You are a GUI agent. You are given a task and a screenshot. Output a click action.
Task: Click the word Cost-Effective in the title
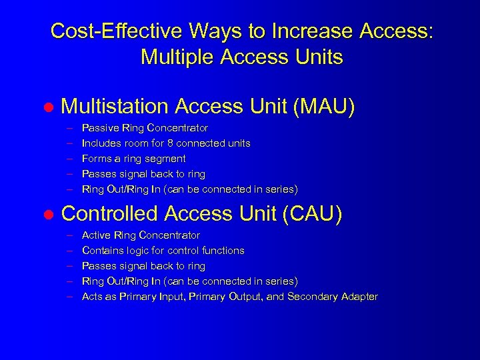click(x=115, y=31)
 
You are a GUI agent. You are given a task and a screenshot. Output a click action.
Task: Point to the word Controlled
click(x=108, y=213)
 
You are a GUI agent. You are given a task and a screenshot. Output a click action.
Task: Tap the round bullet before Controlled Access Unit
click(x=47, y=215)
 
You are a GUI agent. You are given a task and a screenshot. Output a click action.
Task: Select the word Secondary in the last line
click(x=311, y=297)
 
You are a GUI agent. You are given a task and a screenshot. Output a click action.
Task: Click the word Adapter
click(x=358, y=297)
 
